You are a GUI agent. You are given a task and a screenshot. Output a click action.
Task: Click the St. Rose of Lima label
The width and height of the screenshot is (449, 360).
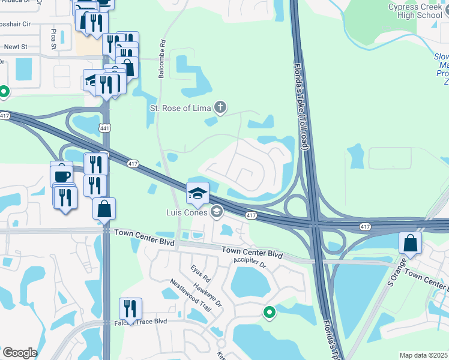pos(180,109)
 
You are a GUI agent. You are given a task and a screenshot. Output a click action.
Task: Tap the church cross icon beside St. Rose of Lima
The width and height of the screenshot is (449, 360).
pos(220,108)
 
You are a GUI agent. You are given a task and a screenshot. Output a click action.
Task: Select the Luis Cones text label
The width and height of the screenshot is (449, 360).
pos(187,212)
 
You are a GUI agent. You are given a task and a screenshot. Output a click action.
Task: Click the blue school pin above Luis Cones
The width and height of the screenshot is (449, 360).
pos(197,194)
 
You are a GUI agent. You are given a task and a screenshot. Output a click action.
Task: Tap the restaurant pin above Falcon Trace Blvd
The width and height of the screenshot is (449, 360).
pos(130,309)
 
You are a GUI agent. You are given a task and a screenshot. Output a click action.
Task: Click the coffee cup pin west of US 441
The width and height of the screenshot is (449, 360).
pos(61,174)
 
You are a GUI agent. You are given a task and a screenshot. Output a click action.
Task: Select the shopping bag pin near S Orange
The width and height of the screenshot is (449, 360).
pos(410,243)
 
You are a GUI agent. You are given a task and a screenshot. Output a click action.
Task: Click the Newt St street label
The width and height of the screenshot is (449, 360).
pos(16,46)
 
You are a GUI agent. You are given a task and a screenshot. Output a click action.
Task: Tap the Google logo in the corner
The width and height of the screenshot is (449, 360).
pos(20,353)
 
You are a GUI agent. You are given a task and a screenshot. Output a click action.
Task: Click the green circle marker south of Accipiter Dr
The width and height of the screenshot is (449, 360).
pos(270,312)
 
